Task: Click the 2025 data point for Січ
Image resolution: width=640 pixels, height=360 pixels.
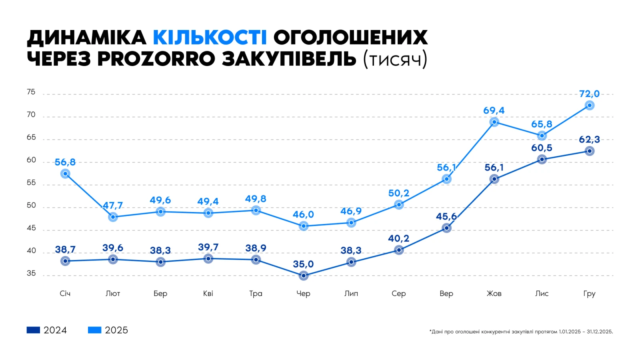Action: (65, 174)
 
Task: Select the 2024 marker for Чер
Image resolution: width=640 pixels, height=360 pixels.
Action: (304, 276)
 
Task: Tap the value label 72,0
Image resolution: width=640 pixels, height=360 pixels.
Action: (589, 94)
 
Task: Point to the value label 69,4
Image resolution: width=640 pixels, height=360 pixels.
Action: (494, 110)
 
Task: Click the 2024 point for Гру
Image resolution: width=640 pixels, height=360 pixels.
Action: (589, 151)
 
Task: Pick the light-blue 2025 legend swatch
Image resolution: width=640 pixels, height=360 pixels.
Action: (94, 330)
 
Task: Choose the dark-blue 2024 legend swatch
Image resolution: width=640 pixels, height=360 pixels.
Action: (33, 330)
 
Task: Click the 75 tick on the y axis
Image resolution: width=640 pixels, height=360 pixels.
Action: (31, 92)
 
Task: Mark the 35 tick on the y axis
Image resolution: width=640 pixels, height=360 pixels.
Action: (31, 274)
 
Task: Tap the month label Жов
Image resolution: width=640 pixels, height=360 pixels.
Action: (494, 294)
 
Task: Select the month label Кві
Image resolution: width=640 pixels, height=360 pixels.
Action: (208, 294)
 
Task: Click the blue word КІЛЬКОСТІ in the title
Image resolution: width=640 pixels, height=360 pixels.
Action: (210, 38)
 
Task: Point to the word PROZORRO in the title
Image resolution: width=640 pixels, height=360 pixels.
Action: (156, 59)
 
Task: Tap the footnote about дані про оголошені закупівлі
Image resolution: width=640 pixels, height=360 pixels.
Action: (521, 332)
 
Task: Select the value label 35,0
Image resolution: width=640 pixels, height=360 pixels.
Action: (303, 264)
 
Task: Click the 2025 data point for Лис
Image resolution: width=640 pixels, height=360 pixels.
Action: (542, 136)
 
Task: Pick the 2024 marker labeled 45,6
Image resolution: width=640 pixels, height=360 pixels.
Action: (446, 228)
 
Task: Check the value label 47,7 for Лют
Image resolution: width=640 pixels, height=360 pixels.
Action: (113, 206)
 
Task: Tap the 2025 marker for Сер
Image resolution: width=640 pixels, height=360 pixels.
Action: (399, 205)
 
